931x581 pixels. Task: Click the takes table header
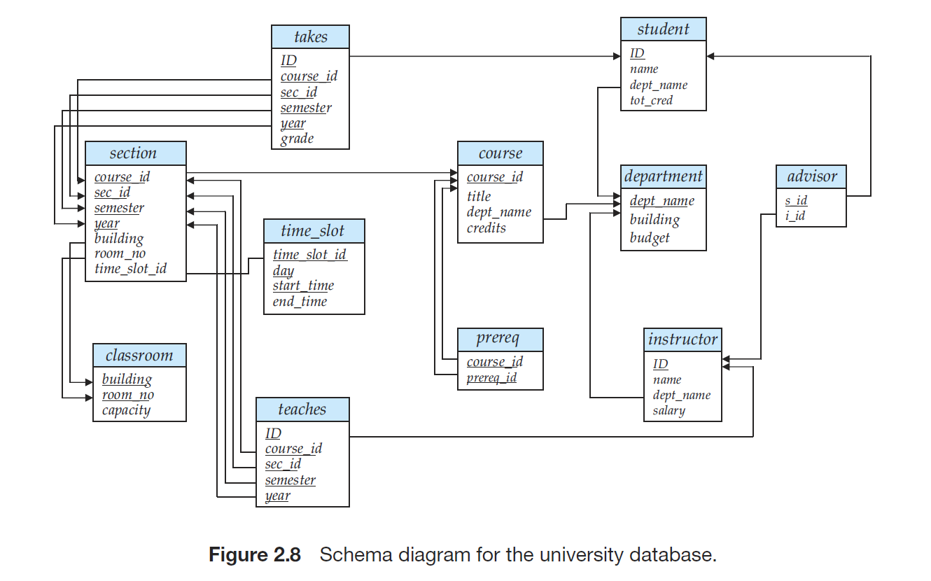coord(310,37)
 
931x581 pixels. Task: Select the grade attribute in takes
coord(297,139)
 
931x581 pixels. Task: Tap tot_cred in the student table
coord(651,100)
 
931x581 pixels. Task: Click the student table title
coord(663,29)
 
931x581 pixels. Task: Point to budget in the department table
coord(650,237)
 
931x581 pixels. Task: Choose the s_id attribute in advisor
coord(796,200)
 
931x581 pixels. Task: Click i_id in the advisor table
coord(795,216)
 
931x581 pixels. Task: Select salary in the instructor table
coord(668,410)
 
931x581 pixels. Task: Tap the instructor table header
coord(682,339)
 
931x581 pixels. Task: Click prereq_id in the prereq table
coord(491,377)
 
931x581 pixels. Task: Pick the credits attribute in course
coord(486,227)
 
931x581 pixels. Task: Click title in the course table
coord(479,197)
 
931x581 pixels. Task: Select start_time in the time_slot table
coord(303,286)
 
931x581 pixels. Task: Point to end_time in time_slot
coord(300,302)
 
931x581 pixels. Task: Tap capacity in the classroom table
coord(126,410)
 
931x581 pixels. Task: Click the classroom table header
coord(139,356)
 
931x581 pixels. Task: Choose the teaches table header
coord(302,409)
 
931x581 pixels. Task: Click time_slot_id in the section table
coord(130,268)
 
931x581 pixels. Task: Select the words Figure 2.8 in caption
coord(255,556)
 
